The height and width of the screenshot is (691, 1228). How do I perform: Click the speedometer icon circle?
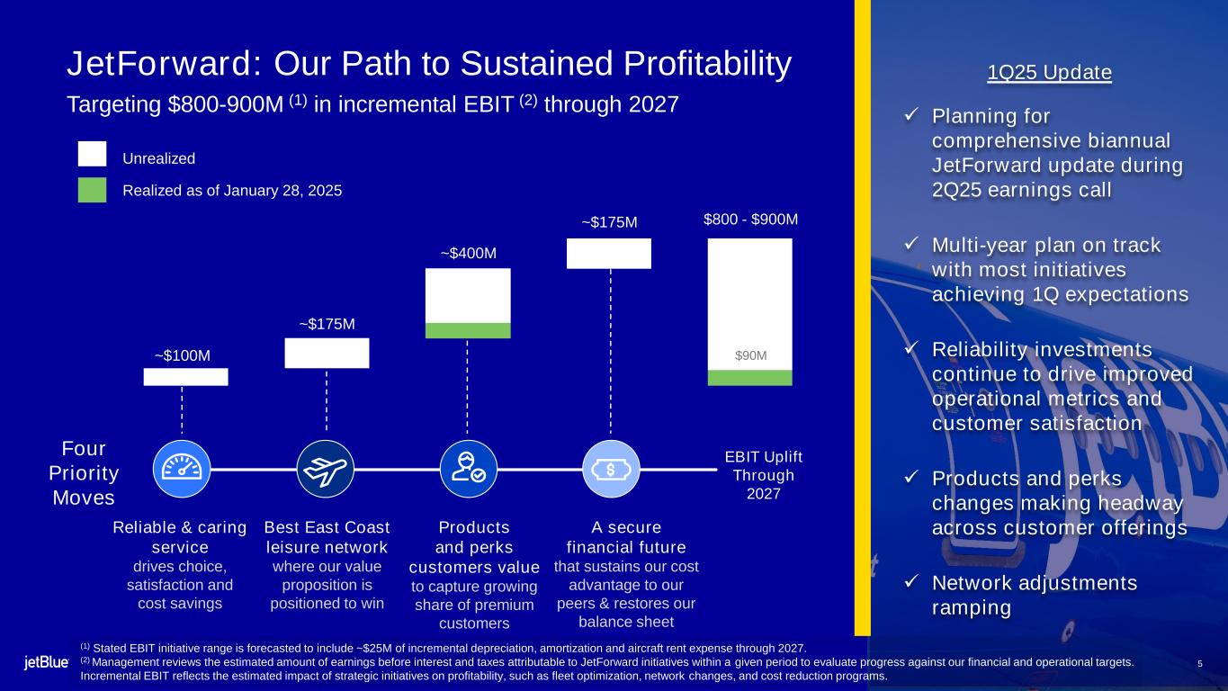tap(182, 469)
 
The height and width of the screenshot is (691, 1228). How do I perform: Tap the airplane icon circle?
tap(326, 469)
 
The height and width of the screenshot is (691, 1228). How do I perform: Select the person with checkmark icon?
tap(469, 469)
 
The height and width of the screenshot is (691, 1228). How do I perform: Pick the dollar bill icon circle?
tap(611, 469)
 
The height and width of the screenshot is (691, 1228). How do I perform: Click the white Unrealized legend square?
tap(92, 154)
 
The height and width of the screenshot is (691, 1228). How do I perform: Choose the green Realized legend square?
tap(92, 190)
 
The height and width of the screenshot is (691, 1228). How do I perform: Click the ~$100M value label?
tap(183, 356)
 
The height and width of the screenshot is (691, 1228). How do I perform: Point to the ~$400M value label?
tap(469, 254)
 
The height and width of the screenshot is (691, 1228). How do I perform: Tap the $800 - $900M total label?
tap(750, 220)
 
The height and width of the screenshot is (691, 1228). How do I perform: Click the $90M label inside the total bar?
tap(750, 355)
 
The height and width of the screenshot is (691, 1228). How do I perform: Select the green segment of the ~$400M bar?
tap(468, 330)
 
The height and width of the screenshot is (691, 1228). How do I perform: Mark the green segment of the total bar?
tap(750, 378)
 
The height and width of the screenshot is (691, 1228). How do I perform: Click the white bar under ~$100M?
tap(186, 377)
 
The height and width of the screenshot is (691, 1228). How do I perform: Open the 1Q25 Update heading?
tap(1049, 72)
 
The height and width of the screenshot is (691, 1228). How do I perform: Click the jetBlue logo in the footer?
tap(46, 662)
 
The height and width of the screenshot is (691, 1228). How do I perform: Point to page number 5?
tap(1200, 664)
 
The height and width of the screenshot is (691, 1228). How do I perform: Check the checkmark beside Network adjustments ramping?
tap(911, 580)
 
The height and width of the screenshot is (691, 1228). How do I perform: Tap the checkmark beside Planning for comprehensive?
tap(911, 114)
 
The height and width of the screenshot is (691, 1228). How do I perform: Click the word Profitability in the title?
tap(707, 64)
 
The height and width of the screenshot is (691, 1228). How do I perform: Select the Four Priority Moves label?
tap(84, 472)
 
